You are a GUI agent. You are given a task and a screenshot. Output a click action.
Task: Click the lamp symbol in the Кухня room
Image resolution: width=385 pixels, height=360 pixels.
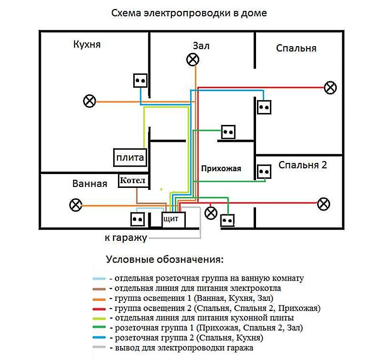(x=90, y=101)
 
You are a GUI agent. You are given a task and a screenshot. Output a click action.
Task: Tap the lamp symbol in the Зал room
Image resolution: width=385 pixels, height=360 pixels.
(x=193, y=59)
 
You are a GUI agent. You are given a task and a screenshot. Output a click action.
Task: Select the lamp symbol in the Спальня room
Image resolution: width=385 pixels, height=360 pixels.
(x=330, y=87)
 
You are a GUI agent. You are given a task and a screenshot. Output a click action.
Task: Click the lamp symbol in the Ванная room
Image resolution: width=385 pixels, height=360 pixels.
(x=76, y=205)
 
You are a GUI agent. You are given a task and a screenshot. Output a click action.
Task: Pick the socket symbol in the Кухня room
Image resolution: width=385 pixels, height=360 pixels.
(x=140, y=81)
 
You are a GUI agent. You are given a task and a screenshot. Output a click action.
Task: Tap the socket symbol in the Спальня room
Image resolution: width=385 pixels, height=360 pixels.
(x=264, y=107)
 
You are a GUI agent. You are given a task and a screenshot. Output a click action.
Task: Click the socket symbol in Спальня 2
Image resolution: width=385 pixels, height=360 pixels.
(x=263, y=172)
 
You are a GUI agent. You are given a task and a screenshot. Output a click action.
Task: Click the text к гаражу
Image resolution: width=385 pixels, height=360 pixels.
(x=126, y=238)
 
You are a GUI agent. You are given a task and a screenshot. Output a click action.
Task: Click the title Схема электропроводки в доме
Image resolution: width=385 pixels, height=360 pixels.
(x=189, y=13)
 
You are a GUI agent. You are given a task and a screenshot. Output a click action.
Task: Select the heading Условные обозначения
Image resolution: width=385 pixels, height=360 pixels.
(x=165, y=260)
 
